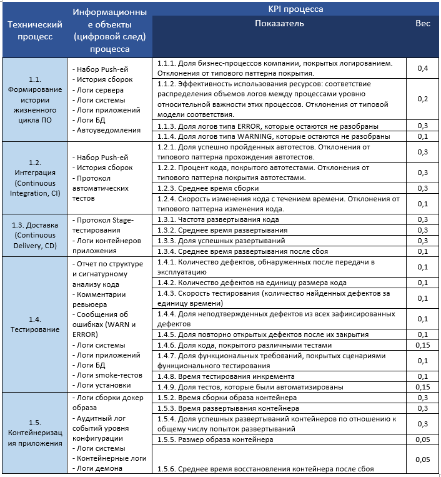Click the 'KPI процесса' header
pyautogui.click(x=295, y=9)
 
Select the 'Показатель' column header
pyautogui.click(x=279, y=24)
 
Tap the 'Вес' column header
pyautogui.click(x=422, y=24)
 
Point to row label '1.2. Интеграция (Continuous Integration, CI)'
pyautogui.click(x=34, y=177)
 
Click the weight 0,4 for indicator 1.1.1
pyautogui.click(x=422, y=68)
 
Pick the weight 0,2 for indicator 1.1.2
pyautogui.click(x=422, y=99)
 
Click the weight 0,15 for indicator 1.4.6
pyautogui.click(x=424, y=345)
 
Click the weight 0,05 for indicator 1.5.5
pyautogui.click(x=424, y=439)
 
